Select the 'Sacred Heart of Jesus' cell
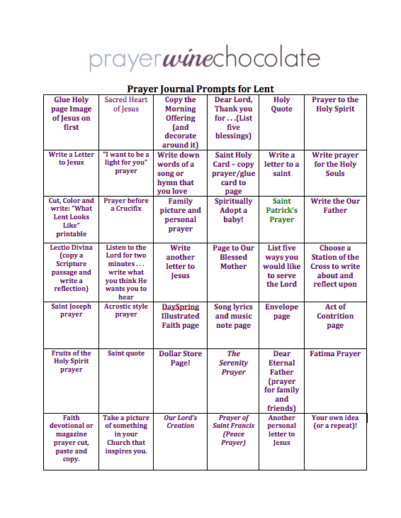(x=126, y=104)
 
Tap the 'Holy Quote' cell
(x=281, y=104)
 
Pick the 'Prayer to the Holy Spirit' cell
(x=335, y=104)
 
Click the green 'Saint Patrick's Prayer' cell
(x=281, y=210)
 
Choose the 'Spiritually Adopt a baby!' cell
(x=233, y=210)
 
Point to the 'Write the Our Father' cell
(x=335, y=206)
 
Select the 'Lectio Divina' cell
(x=71, y=268)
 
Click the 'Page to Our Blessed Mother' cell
(x=233, y=257)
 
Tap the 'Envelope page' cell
(x=281, y=312)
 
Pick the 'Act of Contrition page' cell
(x=335, y=316)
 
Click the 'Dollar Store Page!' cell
(x=180, y=358)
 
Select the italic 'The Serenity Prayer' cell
(x=233, y=362)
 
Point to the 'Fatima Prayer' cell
(x=335, y=353)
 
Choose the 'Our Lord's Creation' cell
(x=180, y=421)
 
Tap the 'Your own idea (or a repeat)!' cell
(x=335, y=421)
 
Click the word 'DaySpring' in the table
(x=180, y=307)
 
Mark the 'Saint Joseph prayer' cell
(x=71, y=311)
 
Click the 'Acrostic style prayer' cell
(x=126, y=311)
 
